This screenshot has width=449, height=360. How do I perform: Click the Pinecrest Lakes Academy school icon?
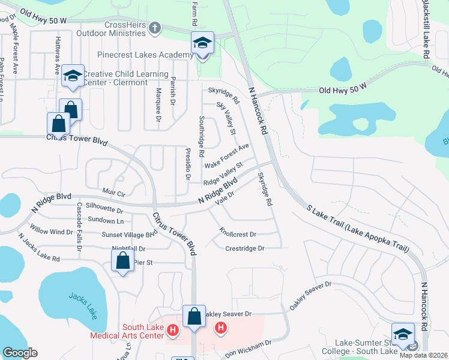tap(202, 43)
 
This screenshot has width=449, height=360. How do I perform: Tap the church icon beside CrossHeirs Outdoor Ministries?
tap(155, 28)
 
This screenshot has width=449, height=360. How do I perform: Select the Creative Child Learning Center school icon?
tap(72, 76)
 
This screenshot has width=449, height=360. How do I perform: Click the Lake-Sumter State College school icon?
tap(403, 334)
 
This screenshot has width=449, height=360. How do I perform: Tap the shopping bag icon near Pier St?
tap(122, 260)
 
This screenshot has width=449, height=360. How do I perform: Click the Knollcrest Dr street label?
tap(238, 234)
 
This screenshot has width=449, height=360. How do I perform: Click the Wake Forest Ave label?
tap(226, 156)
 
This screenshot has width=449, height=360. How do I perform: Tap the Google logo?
tap(20, 353)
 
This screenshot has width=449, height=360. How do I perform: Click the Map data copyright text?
tap(424, 355)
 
